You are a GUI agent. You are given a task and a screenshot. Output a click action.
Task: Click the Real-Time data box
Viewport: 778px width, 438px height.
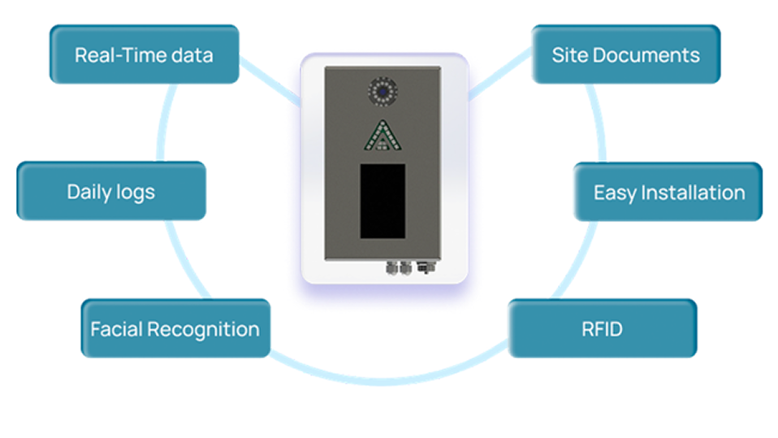pyautogui.click(x=144, y=54)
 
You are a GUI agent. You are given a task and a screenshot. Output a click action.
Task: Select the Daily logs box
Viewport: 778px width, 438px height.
pyautogui.click(x=111, y=192)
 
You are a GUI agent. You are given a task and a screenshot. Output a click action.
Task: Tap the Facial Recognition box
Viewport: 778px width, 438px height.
pyautogui.click(x=175, y=328)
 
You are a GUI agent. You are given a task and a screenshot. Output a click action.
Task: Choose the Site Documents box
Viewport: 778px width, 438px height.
pyautogui.click(x=625, y=54)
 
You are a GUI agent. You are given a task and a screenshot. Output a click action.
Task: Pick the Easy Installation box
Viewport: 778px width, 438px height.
pyautogui.click(x=668, y=192)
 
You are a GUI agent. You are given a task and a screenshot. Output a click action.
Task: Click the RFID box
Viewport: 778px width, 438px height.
pyautogui.click(x=602, y=328)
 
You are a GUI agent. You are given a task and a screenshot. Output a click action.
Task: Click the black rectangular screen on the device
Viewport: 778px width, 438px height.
pyautogui.click(x=383, y=201)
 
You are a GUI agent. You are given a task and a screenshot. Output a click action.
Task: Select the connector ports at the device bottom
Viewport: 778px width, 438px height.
pyautogui.click(x=409, y=266)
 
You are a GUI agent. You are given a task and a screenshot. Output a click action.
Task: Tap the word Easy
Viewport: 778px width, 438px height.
pyautogui.click(x=614, y=193)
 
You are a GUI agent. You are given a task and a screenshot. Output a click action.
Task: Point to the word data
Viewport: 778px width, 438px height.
pyautogui.click(x=193, y=55)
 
